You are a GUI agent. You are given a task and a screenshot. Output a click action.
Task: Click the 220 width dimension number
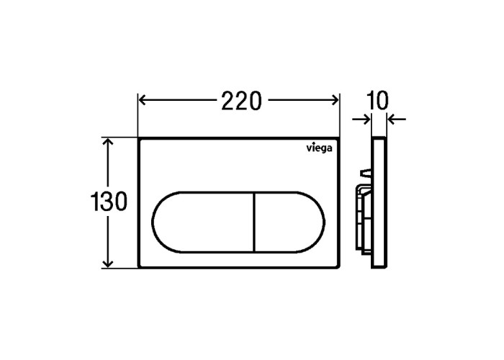coord(241,101)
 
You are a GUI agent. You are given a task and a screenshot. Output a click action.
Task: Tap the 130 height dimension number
coord(109,202)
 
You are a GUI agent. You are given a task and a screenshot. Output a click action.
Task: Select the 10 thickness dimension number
coord(377,101)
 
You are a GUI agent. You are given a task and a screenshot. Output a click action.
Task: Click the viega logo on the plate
coord(319,148)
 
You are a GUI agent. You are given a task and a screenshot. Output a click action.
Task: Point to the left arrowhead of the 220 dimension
coord(143,100)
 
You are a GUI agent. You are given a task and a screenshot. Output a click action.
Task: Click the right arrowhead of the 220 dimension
coord(335,100)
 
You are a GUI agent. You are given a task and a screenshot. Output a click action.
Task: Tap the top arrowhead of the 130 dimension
coord(108,142)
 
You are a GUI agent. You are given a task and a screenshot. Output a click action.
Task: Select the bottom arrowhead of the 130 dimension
coord(108,264)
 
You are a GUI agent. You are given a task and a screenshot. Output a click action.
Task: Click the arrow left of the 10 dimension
coord(361,120)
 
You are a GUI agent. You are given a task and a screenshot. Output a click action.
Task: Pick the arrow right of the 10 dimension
coord(396,120)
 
